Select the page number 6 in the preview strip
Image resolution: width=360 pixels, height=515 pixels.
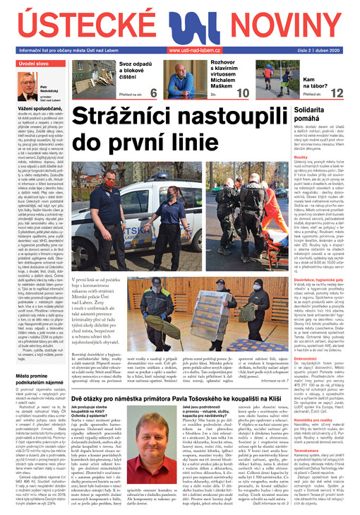(154, 93)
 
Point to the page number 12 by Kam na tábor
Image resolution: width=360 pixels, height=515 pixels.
(337, 93)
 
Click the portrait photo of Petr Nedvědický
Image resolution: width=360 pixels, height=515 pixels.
(28, 87)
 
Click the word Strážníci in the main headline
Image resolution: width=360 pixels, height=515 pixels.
(138, 117)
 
